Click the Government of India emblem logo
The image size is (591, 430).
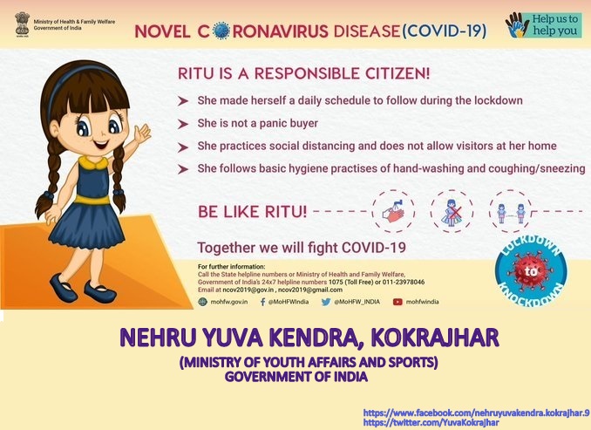pos(23,24)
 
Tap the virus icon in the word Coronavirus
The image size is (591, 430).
pos(221,31)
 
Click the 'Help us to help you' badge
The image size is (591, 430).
pos(544,25)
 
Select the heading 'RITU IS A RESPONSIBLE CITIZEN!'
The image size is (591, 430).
pos(304,73)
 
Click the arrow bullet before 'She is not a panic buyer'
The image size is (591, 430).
pos(183,124)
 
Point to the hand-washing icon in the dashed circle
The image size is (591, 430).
pos(393,211)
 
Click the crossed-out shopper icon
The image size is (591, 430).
pos(452,212)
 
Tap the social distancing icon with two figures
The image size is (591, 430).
pos(511,212)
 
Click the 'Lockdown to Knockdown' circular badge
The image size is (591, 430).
pos(531,270)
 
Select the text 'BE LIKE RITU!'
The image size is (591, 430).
pos(252,212)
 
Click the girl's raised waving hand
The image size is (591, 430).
pos(142,133)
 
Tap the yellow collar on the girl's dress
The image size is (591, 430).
pos(93,163)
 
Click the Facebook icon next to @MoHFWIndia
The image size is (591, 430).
pos(262,302)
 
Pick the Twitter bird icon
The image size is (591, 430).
pos(326,302)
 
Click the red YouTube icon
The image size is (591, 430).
pos(397,302)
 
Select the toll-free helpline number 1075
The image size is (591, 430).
pos(336,282)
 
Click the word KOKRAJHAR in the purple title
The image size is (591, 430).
pos(435,338)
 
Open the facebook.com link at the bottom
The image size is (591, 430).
pos(477,413)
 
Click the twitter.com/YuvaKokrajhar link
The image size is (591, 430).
pos(431,423)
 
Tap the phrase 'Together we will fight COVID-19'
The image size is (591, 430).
pos(302,248)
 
